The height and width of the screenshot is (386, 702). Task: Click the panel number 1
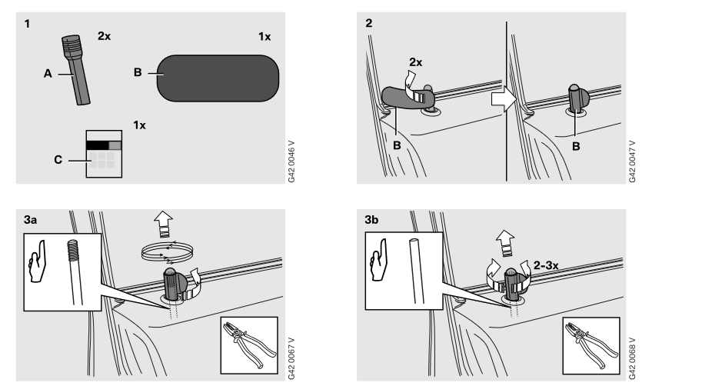click(x=28, y=24)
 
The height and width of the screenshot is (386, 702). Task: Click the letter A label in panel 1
click(x=48, y=74)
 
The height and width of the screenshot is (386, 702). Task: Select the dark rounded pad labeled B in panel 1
click(x=218, y=78)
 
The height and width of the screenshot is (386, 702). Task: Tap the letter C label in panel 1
click(x=58, y=160)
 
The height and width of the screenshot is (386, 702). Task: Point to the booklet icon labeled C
click(x=104, y=154)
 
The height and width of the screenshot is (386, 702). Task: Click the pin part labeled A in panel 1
click(x=75, y=70)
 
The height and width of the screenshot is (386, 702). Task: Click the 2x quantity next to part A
click(x=105, y=36)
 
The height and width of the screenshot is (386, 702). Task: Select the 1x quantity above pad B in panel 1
click(x=264, y=37)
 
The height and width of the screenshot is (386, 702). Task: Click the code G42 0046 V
click(x=291, y=161)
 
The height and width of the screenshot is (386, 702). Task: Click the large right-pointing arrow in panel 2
click(x=504, y=99)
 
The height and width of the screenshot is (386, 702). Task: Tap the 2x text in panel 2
click(x=415, y=62)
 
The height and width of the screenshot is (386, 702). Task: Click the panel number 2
click(x=368, y=23)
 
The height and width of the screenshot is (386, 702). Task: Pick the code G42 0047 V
click(x=632, y=161)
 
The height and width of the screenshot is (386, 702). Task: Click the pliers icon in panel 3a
click(x=249, y=345)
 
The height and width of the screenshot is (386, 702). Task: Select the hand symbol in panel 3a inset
click(x=37, y=261)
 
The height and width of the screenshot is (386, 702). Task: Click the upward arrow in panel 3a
click(x=164, y=224)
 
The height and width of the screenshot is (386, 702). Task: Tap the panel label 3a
click(x=31, y=220)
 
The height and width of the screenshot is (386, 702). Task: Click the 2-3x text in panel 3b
click(x=546, y=265)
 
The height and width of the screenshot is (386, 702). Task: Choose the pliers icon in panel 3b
click(x=591, y=345)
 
